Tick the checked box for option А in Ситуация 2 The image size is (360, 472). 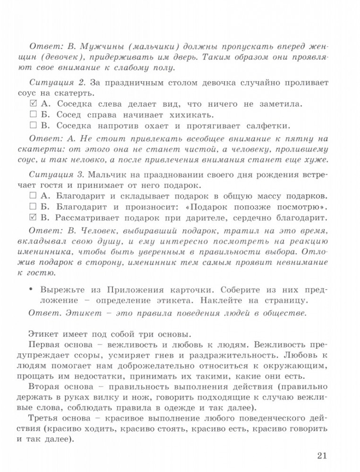pos(33,103)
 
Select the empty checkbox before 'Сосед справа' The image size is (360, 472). pos(33,115)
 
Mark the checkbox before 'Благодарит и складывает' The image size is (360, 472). pos(33,195)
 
